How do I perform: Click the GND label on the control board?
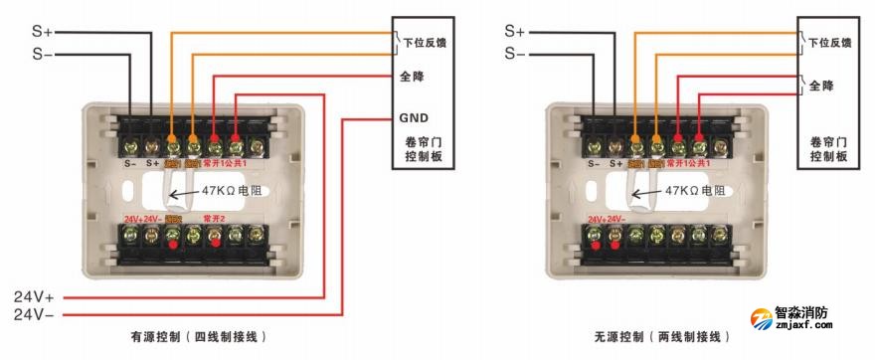point(414,116)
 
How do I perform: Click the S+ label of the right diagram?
point(515,32)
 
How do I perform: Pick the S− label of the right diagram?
point(515,53)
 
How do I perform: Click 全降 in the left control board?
point(412,77)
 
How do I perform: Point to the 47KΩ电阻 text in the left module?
point(232,190)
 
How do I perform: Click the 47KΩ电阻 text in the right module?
point(694,190)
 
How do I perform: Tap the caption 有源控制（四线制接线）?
point(199,338)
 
